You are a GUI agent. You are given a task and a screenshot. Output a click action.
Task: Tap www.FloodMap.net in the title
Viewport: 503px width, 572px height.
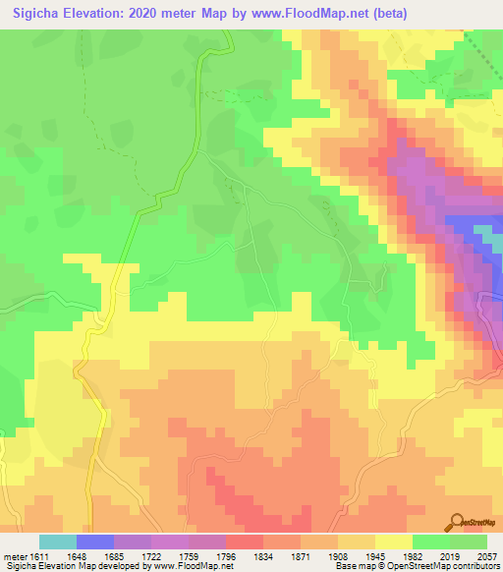(306, 13)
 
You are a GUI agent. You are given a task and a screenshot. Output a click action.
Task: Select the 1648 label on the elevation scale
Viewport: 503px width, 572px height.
(76, 557)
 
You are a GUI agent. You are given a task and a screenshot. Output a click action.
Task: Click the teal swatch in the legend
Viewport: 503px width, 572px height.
(58, 542)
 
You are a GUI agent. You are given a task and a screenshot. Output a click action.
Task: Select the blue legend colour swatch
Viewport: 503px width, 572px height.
(95, 542)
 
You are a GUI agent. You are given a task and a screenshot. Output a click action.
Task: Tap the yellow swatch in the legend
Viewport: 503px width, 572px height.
(393, 542)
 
